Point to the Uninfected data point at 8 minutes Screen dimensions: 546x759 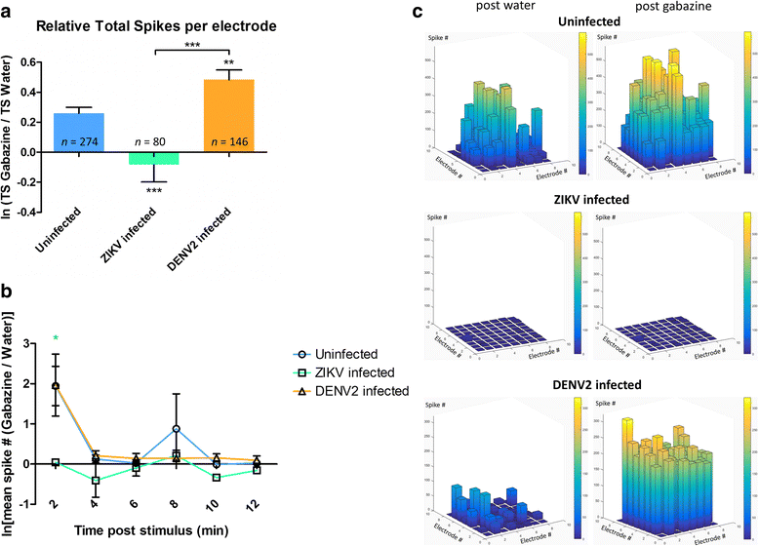point(175,429)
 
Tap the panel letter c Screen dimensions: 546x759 point(419,14)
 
